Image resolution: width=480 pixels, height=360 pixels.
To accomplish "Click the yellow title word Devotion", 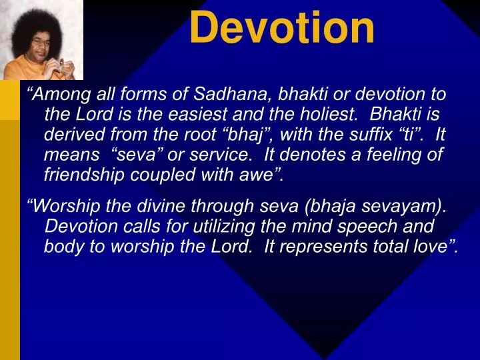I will pyautogui.click(x=282, y=28).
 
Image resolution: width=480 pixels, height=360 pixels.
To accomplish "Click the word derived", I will pyautogui.click(x=72, y=135).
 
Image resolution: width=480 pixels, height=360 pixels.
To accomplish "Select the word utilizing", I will pyautogui.click(x=212, y=227).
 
